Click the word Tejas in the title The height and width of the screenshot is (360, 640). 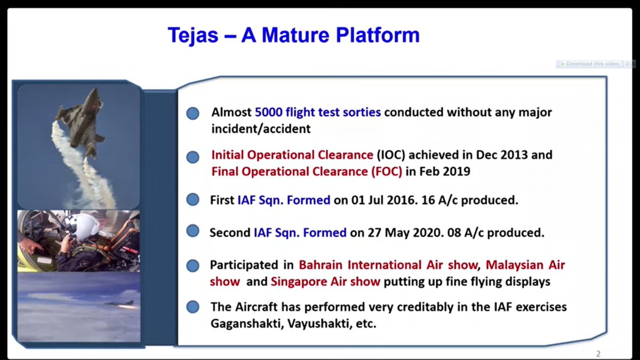pos(193,36)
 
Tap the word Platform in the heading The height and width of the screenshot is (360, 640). pos(378,35)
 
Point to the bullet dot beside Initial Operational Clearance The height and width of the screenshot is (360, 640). pos(193,157)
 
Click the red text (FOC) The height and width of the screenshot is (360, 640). pos(387,171)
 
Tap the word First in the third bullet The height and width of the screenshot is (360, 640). pos(222,200)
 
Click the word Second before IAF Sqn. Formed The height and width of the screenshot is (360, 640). pos(230,233)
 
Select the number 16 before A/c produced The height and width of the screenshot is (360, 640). pos(428,200)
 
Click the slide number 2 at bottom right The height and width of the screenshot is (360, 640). pos(598,354)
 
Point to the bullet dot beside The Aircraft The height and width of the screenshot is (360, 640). pos(193,307)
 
